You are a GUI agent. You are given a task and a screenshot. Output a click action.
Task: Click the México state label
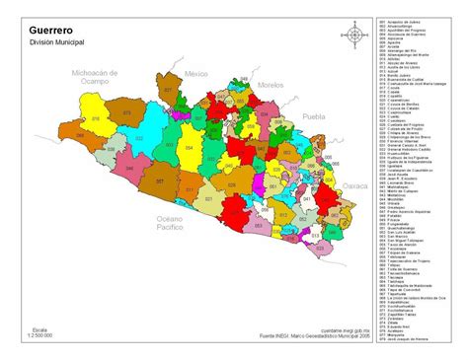coord(196,74)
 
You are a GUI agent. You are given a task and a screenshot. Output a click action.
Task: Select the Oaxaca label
coord(352,183)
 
